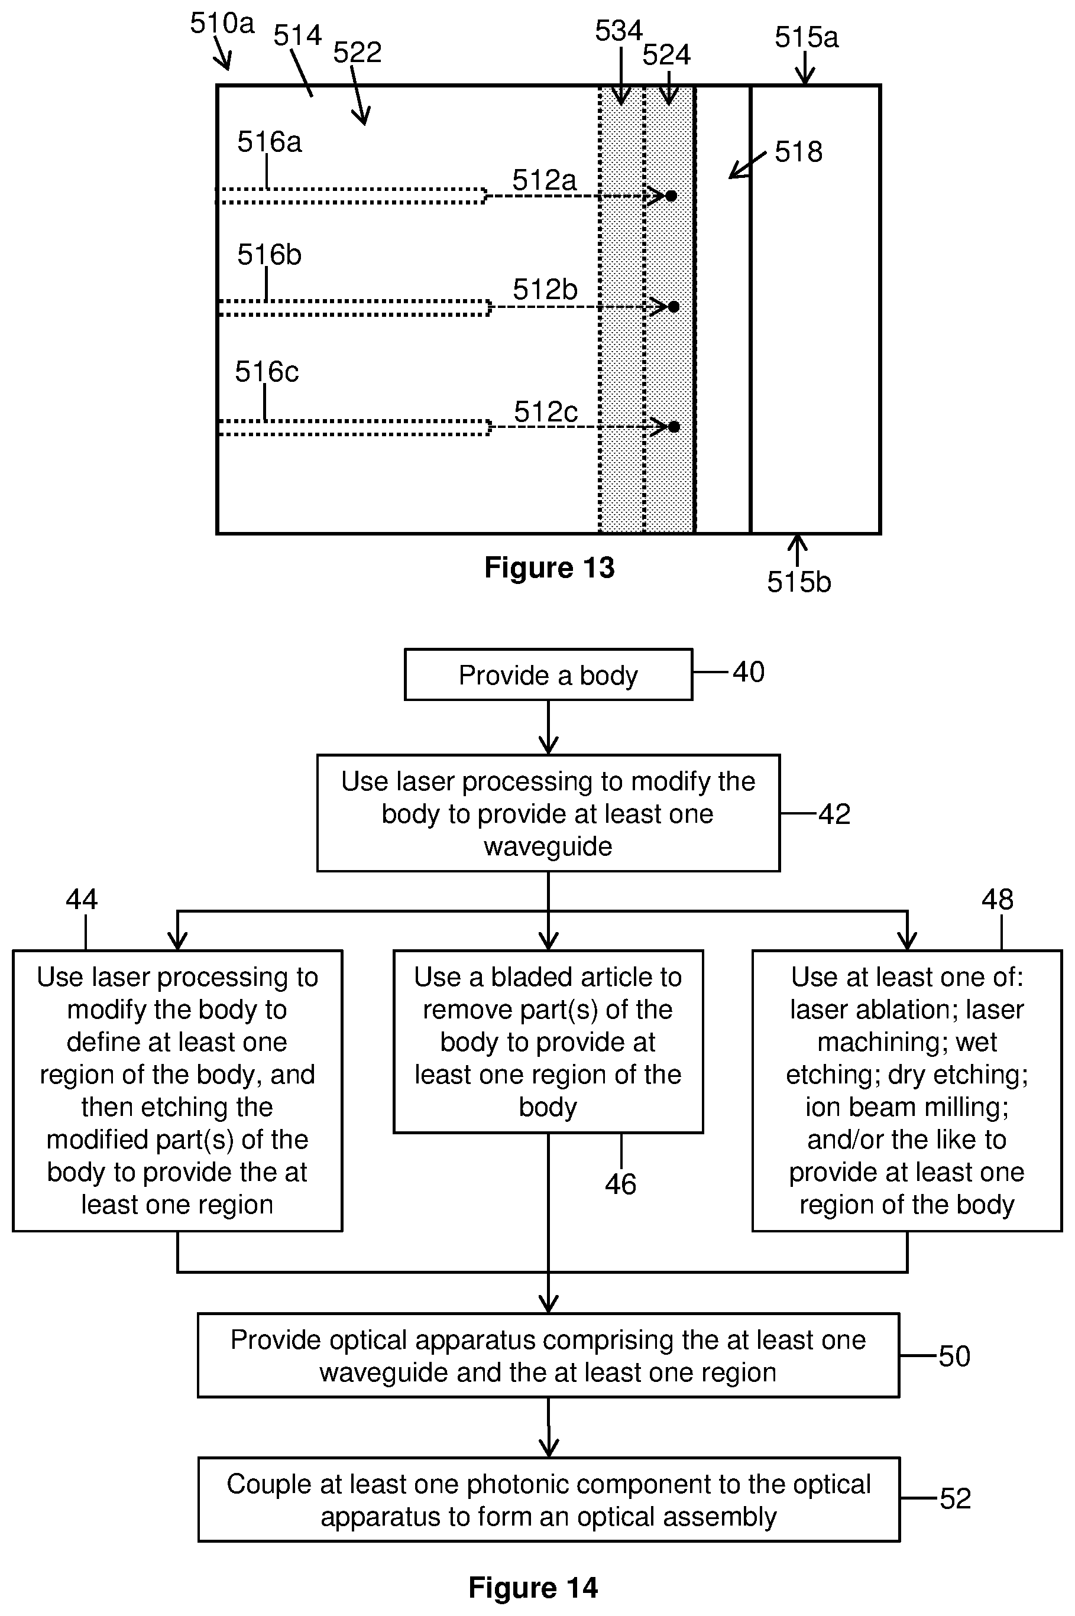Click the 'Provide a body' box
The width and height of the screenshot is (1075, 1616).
pos(549,674)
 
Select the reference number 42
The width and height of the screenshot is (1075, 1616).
pos(834,814)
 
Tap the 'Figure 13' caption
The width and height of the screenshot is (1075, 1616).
pos(549,567)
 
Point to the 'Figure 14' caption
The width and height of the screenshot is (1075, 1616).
pos(533,1587)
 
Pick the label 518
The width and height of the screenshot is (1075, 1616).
pos(798,151)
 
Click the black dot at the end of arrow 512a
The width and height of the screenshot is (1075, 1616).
pos(671,196)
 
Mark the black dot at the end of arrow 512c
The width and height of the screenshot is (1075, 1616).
pos(674,427)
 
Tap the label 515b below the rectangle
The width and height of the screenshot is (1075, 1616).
pos(799,582)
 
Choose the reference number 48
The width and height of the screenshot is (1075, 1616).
pos(997,899)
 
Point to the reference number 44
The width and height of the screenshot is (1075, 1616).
pos(82,899)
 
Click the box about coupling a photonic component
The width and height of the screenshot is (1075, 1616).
pos(549,1500)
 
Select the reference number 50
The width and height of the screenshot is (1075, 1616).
pos(954,1357)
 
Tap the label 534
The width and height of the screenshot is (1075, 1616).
pos(619,31)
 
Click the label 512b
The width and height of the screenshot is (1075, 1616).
pos(545,290)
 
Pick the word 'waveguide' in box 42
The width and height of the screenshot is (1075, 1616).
pos(548,846)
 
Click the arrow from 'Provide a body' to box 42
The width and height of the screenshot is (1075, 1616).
pos(549,727)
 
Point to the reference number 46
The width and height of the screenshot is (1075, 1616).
pos(620,1183)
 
